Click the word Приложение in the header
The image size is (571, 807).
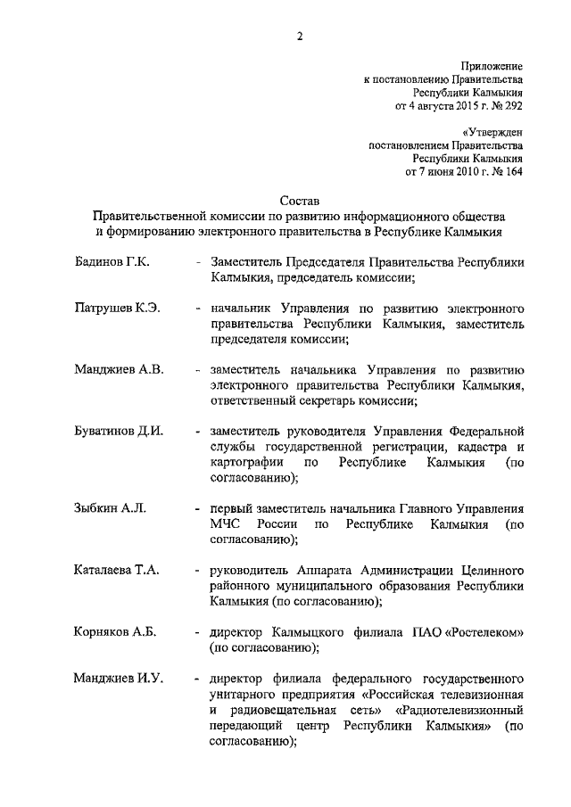[x=492, y=66]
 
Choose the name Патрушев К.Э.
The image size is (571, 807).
[x=117, y=308]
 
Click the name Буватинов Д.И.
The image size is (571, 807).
[x=119, y=431]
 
